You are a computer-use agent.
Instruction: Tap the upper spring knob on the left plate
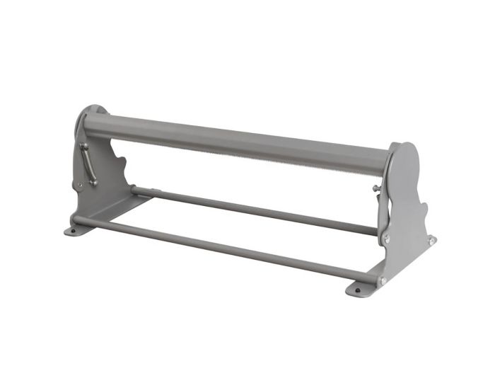[83, 146]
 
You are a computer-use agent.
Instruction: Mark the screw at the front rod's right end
[383, 280]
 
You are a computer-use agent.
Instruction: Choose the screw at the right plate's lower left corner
[387, 239]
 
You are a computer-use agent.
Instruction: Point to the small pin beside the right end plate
[375, 188]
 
